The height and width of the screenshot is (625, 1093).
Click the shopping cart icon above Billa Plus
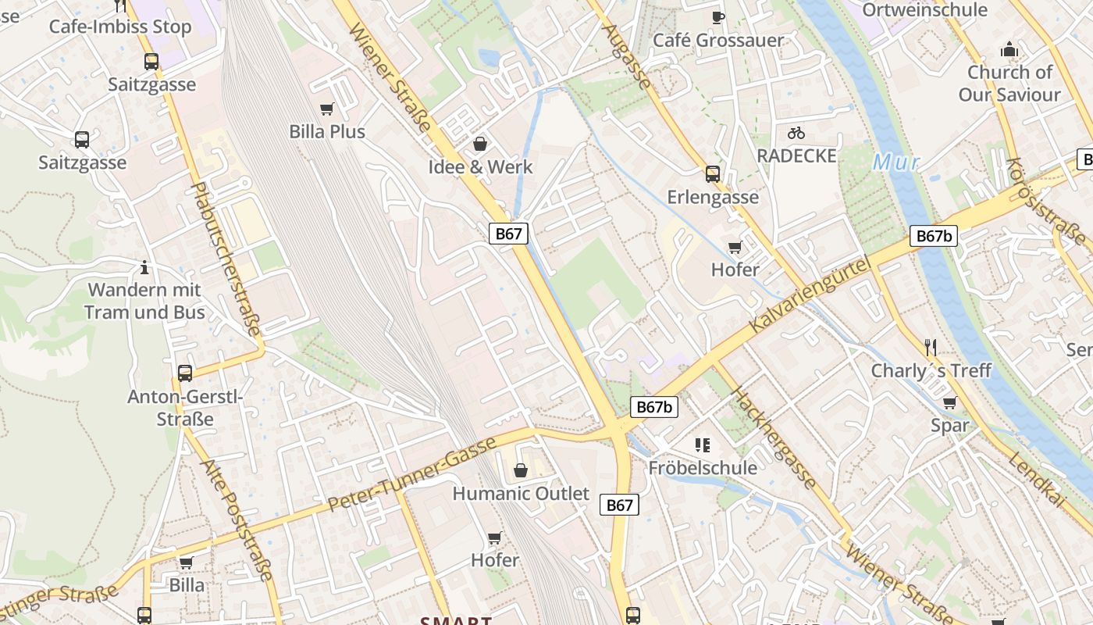327,109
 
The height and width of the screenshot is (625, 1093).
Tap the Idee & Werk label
480,166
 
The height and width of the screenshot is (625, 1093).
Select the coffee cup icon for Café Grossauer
717,17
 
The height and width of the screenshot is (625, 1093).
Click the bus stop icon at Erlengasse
712,173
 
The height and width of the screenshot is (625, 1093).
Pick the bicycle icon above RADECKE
796,133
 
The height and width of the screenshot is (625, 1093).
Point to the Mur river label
896,162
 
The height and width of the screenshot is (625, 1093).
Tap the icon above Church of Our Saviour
1009,50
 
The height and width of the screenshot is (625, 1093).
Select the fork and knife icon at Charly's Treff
930,347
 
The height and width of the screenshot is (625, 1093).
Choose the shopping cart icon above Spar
949,402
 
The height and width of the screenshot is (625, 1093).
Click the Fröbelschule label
703,467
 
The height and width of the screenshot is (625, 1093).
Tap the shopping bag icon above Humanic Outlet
521,470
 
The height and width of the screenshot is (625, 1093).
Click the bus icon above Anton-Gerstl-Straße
185,373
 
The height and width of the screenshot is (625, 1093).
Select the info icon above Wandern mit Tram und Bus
144,267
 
